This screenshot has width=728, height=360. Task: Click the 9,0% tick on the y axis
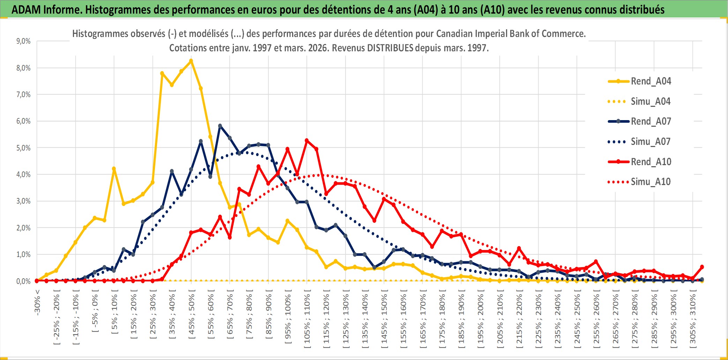pos(23,41)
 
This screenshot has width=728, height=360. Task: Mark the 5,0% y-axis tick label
pos(23,148)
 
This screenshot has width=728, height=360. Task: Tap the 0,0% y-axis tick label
pos(23,281)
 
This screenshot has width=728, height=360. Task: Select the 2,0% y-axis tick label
pos(23,228)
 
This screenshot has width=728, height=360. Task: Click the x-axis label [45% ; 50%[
pos(192,316)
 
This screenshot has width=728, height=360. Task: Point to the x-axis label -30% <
pos(37,302)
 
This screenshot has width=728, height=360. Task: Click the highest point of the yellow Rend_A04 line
pos(191,61)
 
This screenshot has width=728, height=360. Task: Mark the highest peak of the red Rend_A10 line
pos(307,140)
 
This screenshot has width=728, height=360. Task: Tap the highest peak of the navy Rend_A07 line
pos(220,126)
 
